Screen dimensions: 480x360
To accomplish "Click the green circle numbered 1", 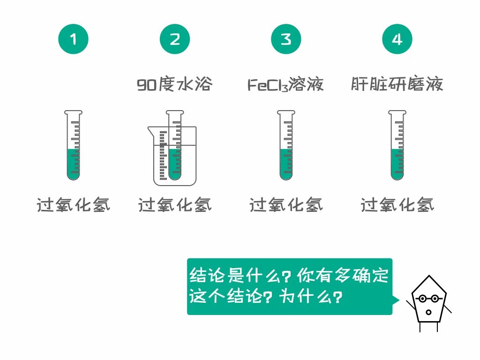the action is click(73, 39).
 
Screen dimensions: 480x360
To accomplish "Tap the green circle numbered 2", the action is click(175, 39).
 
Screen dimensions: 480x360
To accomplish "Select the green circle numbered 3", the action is click(286, 39).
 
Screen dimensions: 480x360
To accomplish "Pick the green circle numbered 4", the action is click(397, 39).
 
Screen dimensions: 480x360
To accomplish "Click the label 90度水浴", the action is click(174, 84).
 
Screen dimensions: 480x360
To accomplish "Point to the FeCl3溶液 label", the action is click(285, 84).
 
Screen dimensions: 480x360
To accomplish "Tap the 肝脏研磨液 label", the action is click(397, 84).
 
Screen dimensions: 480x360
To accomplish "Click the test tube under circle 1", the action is click(73, 145).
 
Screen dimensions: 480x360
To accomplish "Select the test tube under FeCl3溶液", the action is click(286, 145).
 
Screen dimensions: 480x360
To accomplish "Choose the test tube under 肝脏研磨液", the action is click(397, 145).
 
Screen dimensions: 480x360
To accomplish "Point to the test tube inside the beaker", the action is click(175, 145).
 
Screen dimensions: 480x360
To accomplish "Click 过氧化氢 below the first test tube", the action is click(73, 205).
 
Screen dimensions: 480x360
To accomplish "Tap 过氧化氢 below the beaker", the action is click(175, 205).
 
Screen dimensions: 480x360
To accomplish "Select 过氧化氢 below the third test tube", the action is click(286, 205).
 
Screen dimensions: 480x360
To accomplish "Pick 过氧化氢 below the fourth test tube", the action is click(397, 205).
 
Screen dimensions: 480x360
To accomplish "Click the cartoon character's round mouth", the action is click(428, 312).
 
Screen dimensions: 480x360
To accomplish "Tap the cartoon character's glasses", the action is click(429, 298).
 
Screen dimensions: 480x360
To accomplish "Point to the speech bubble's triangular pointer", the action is click(396, 300).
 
